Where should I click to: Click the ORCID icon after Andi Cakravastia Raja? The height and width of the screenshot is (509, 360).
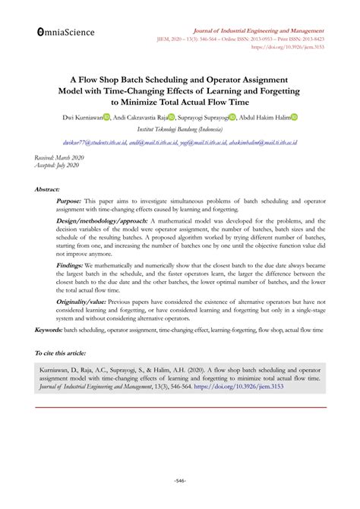pos(172,118)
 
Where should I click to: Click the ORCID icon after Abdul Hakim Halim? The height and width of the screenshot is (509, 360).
pos(294,118)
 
